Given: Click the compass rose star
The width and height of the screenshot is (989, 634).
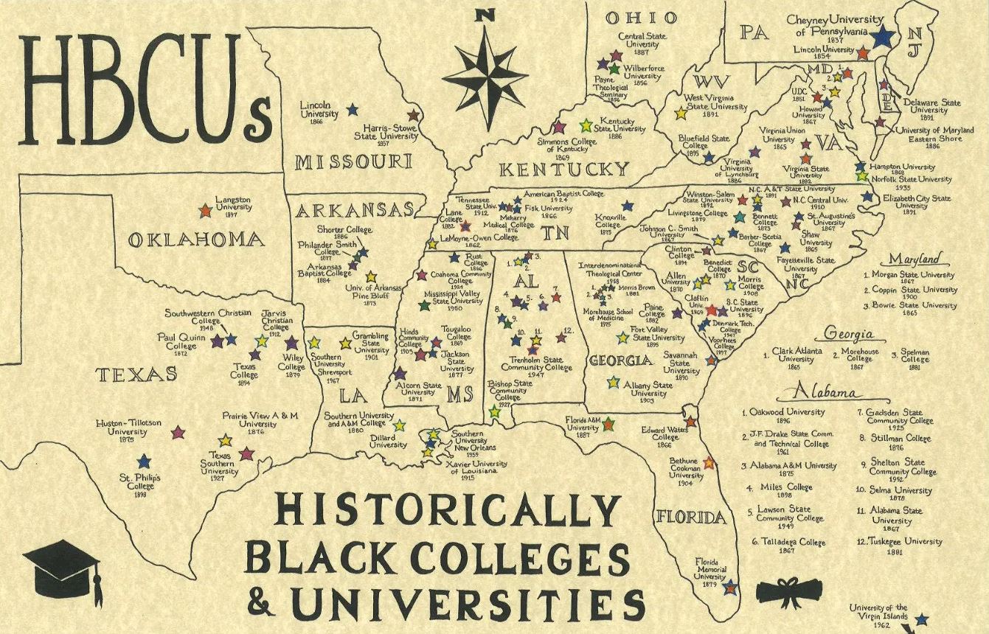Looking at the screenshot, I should coord(485,71).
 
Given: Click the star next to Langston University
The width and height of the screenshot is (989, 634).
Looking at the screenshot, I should coord(206,212).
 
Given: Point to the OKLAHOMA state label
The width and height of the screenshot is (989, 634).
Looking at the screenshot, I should coord(195,240).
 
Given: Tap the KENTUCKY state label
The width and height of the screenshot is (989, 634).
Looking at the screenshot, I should coord(564,169).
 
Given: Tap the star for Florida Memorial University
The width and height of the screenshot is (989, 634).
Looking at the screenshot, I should coord(729,588).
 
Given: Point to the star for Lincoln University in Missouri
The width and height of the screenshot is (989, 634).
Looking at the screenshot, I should coord(352,109).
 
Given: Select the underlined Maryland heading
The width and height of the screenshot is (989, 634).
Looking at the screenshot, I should coord(915,259).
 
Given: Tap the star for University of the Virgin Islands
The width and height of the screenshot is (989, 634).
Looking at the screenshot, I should coord(921,620).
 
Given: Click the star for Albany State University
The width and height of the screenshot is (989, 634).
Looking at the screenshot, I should coord(612,383).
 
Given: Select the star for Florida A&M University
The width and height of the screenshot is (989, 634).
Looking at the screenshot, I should coord(608,423).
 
